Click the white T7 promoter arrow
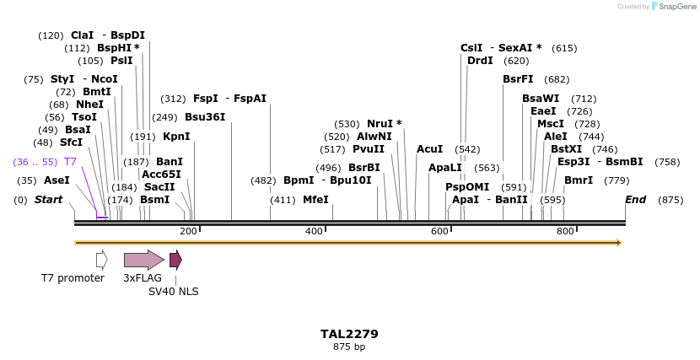[x=101, y=260]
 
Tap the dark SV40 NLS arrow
[x=175, y=260]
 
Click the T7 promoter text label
[x=73, y=278]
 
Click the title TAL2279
[x=349, y=334]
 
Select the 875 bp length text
[x=349, y=347]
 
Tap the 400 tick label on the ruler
[x=314, y=231]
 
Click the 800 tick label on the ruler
[x=565, y=231]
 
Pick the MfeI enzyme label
[x=315, y=200]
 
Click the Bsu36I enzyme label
[x=205, y=117]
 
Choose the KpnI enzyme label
[x=176, y=137]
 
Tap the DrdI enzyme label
[x=480, y=61]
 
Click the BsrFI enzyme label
[x=518, y=79]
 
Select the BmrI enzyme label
[x=579, y=180]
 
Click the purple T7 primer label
[x=70, y=161]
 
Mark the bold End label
[x=635, y=200]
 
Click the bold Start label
[x=48, y=200]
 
